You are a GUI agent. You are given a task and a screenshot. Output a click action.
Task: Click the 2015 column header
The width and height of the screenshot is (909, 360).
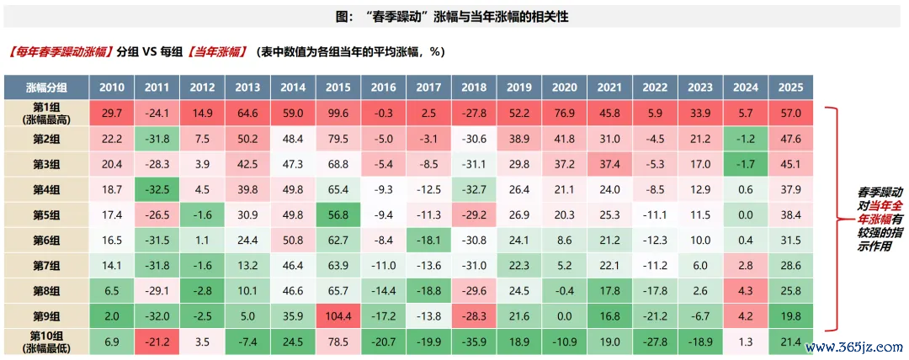(x=338, y=87)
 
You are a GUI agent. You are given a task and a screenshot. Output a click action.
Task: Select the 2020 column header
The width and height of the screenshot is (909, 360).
(x=565, y=87)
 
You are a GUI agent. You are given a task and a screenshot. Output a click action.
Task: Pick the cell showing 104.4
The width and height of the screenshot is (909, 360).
(x=338, y=317)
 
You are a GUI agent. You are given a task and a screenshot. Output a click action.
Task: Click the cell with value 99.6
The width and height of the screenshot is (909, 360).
(x=338, y=113)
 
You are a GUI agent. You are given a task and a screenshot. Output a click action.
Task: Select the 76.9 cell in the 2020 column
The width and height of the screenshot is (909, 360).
(x=565, y=113)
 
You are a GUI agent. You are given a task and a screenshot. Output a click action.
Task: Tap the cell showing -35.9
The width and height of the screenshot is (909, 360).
(x=474, y=343)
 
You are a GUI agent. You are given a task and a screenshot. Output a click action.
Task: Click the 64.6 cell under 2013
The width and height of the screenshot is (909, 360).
(x=247, y=113)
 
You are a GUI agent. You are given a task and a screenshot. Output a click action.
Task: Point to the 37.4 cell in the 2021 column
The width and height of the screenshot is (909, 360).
(x=610, y=164)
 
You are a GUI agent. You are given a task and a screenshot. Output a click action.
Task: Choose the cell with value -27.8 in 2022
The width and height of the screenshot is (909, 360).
(x=656, y=343)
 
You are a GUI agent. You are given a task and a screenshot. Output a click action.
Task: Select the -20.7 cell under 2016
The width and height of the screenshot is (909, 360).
(x=383, y=343)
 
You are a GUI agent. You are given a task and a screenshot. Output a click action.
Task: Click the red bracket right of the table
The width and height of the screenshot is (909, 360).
(x=832, y=219)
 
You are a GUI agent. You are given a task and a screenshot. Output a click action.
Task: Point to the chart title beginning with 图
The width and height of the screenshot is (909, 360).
(x=454, y=17)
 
